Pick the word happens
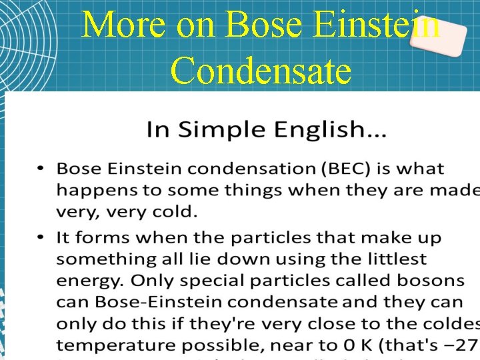click(90, 191)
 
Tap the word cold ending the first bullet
click(176, 212)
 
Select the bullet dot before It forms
click(41, 237)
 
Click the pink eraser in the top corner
click(437, 33)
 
